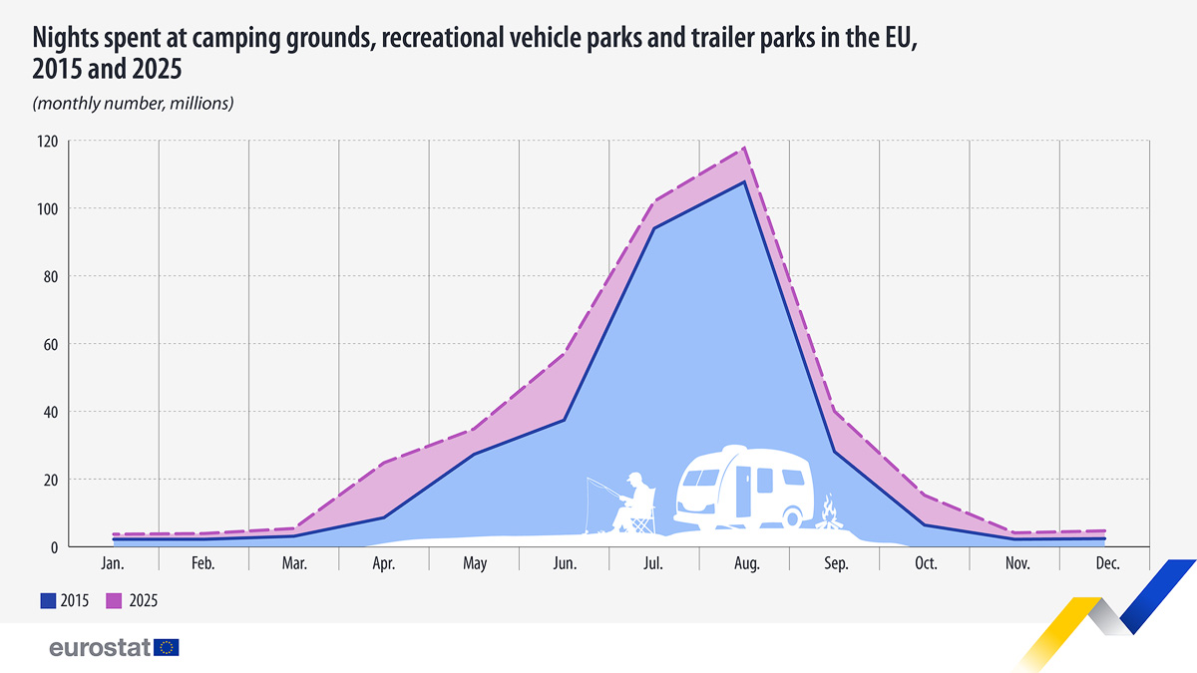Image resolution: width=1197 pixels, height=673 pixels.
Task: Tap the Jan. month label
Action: click(x=113, y=564)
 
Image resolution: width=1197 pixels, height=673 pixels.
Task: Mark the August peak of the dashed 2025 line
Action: click(x=744, y=149)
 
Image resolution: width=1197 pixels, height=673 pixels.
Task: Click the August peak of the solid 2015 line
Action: click(x=744, y=181)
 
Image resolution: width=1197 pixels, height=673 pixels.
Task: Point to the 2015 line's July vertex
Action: click(x=654, y=228)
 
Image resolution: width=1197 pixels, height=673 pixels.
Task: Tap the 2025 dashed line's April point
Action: click(x=384, y=463)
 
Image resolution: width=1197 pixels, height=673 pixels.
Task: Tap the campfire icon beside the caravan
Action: click(x=828, y=514)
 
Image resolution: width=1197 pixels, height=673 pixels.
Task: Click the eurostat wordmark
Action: click(x=100, y=648)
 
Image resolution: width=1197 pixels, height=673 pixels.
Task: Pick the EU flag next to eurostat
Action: click(x=167, y=648)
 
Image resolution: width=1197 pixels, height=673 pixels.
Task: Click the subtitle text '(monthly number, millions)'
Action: click(x=133, y=104)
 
